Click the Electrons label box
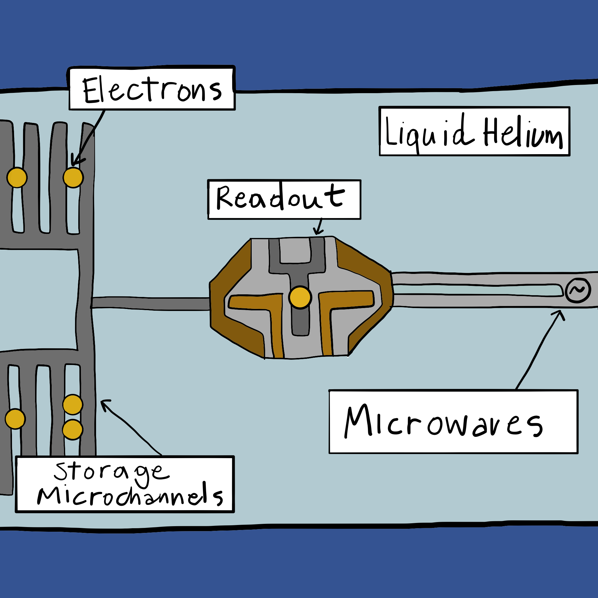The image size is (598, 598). (x=152, y=89)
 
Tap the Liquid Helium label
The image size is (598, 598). (x=474, y=131)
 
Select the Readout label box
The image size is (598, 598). (x=284, y=199)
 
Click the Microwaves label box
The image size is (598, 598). (x=453, y=422)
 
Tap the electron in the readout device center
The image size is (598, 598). (x=300, y=298)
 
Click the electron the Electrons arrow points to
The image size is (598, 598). (x=73, y=177)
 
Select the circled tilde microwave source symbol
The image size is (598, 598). (x=578, y=290)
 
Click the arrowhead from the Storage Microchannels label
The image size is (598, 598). (x=104, y=403)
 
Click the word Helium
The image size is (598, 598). (x=523, y=133)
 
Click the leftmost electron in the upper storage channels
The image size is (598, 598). (x=17, y=177)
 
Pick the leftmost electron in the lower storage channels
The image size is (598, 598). (x=15, y=419)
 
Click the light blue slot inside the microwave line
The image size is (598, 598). (x=477, y=290)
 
